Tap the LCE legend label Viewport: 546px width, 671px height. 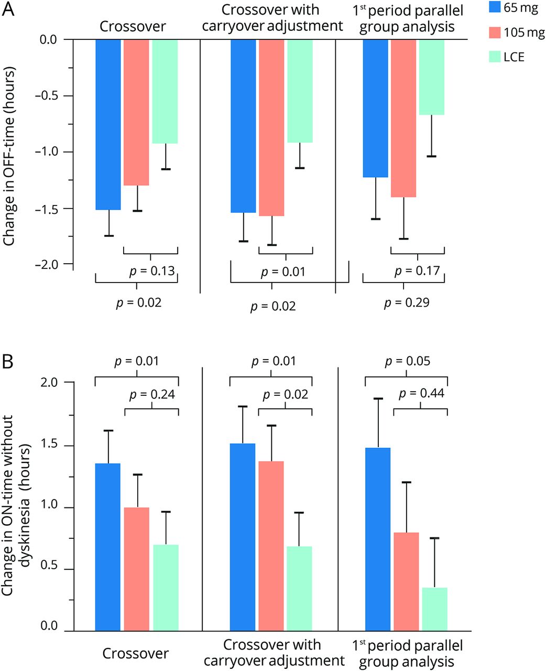[x=514, y=57]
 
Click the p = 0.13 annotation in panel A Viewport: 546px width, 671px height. [x=152, y=271]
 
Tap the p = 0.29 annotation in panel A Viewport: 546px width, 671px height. [x=407, y=302]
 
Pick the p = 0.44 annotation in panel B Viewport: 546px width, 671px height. [x=421, y=393]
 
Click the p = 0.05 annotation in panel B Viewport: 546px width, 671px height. [x=407, y=361]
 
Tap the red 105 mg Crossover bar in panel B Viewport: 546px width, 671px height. [x=137, y=569]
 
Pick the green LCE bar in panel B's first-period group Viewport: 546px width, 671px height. [x=434, y=609]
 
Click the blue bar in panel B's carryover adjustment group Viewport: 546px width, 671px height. [x=243, y=537]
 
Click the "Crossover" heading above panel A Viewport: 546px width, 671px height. [x=133, y=27]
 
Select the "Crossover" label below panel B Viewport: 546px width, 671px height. [x=135, y=653]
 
